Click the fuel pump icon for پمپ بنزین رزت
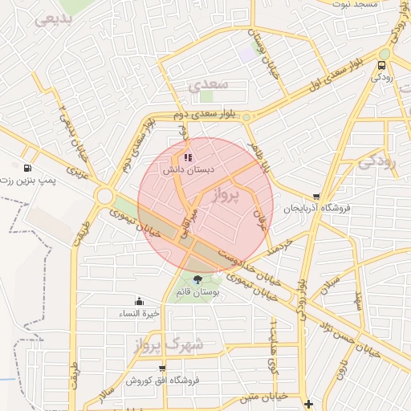tap(29, 169)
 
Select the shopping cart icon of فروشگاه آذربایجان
tap(317, 196)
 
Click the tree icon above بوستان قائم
tap(198, 279)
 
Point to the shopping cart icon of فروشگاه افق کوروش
tap(162, 368)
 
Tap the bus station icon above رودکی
tap(381, 65)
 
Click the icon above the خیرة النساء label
tap(140, 301)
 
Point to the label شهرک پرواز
tap(165, 344)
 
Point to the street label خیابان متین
tap(264, 396)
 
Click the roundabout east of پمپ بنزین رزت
tap(104, 195)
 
